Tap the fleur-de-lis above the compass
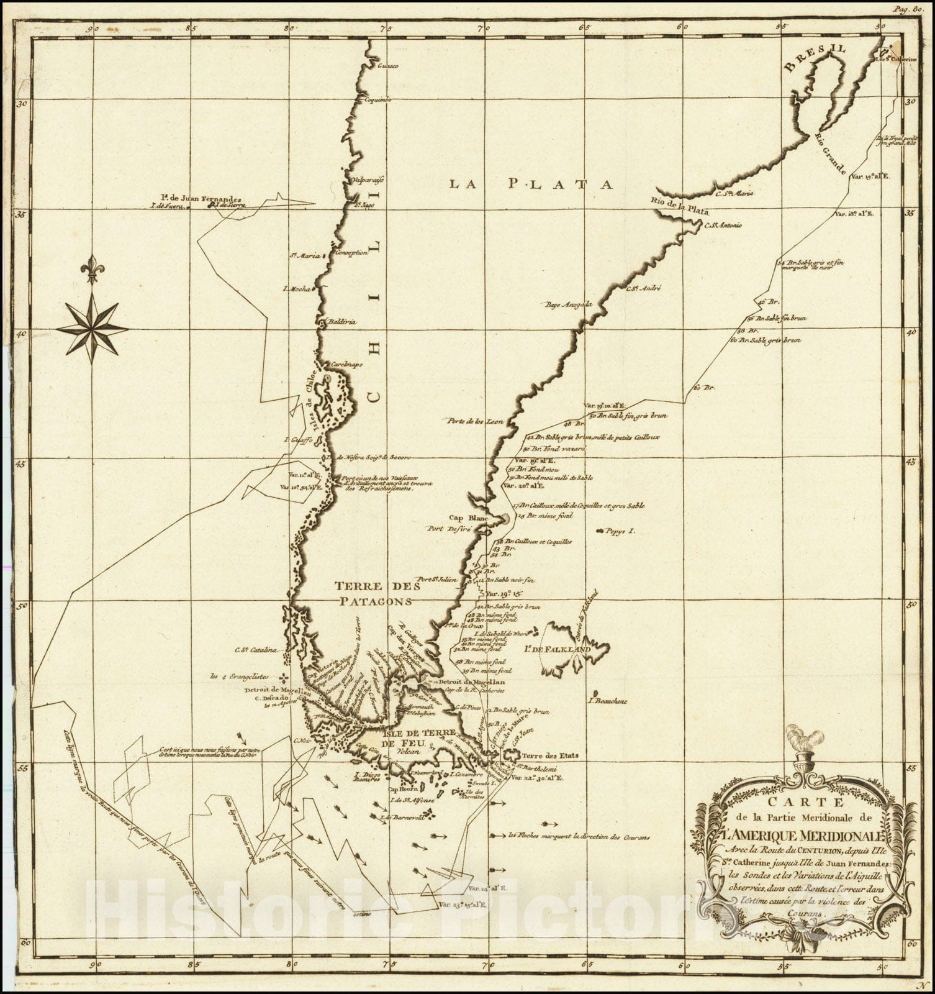pyautogui.click(x=93, y=270)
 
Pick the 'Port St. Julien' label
pyautogui.click(x=437, y=579)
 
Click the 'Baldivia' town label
pyautogui.click(x=339, y=322)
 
